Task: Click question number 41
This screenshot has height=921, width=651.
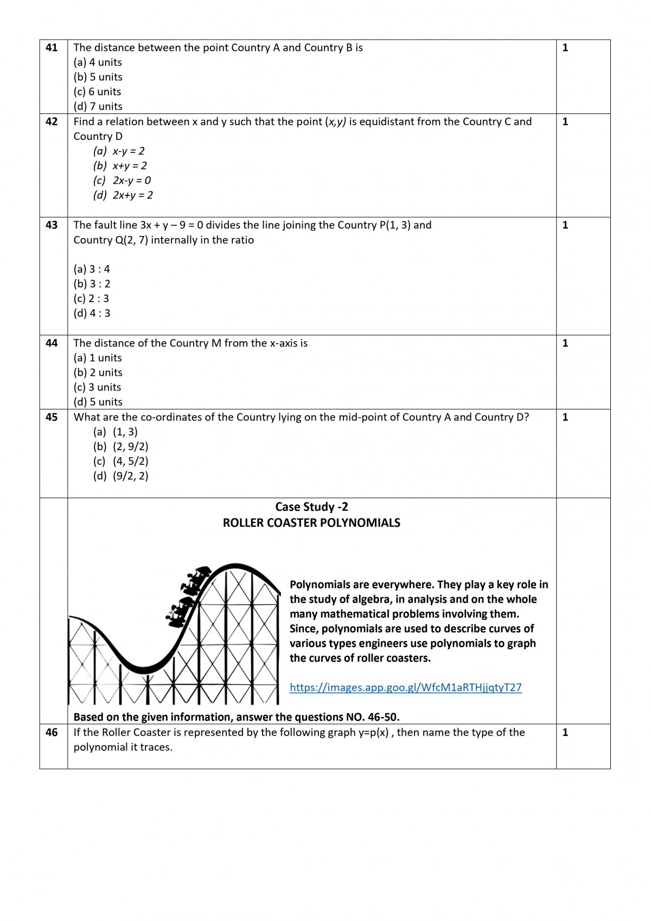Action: [x=52, y=48]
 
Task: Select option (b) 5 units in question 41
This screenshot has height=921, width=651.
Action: [x=98, y=77]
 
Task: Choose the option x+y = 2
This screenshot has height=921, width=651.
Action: [x=129, y=166]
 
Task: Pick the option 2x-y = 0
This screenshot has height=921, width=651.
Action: [x=131, y=181]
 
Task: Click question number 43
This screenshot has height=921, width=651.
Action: [x=52, y=225]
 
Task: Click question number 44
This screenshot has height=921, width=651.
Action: [x=52, y=343]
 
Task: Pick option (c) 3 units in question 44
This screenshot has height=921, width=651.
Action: [x=98, y=387]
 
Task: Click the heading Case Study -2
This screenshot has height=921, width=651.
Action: [x=311, y=507]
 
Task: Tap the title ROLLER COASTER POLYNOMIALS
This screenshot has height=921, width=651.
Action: [x=311, y=523]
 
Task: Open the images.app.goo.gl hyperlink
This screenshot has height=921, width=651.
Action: [x=405, y=688]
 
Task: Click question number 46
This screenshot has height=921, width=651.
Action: [x=52, y=733]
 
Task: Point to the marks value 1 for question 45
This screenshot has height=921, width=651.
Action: [x=565, y=418]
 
